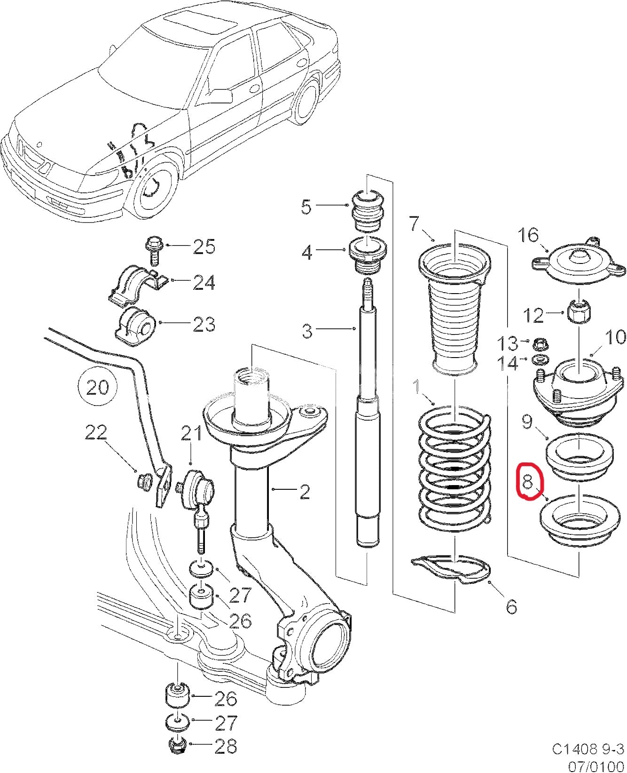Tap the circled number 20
98,387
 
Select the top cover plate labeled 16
580,263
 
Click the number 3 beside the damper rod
307,331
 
